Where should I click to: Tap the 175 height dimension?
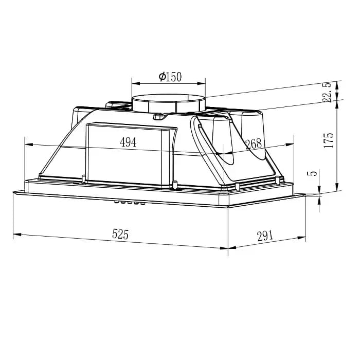coord(329,140)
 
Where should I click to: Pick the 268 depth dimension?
coord(254,144)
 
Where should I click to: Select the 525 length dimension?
coord(119,235)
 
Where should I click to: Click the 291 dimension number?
coord(263,236)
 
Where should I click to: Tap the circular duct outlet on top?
coord(169,103)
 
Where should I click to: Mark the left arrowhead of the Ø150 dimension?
coord(135,82)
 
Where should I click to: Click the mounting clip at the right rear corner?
coord(278,179)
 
